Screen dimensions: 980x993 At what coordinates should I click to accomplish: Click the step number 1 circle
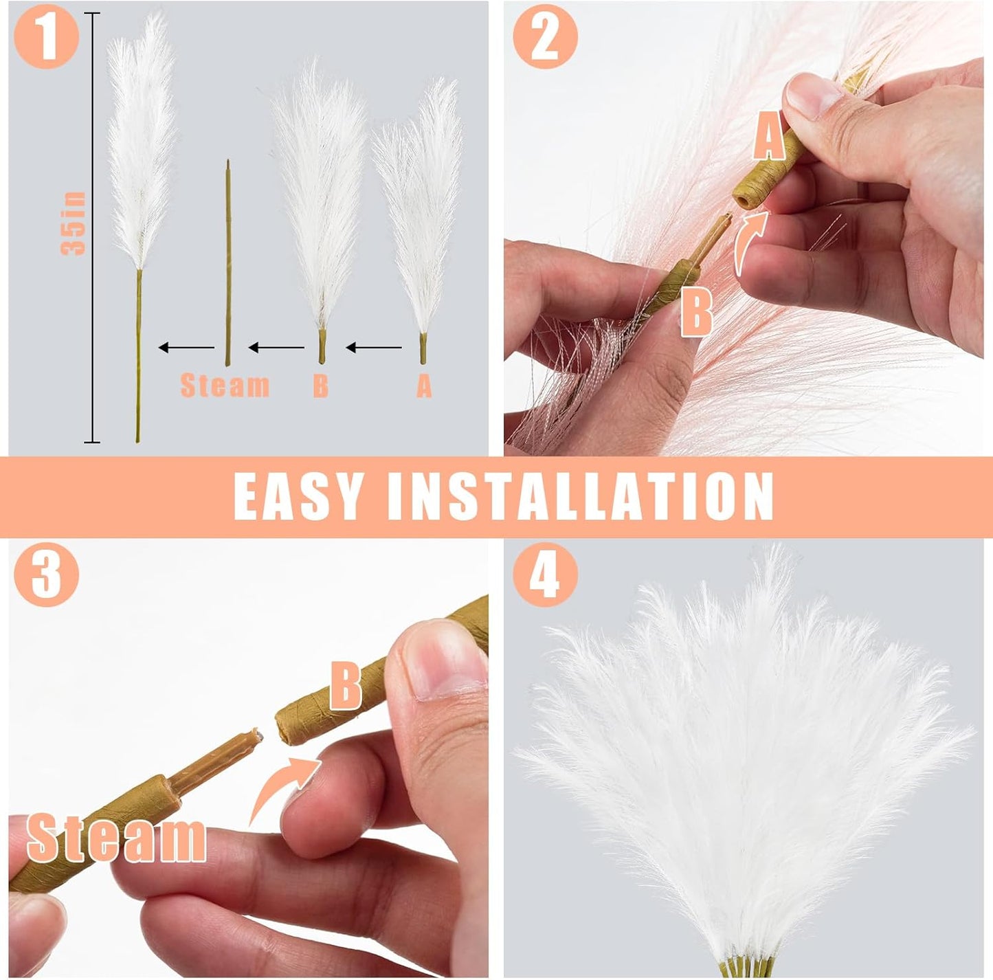point(46,36)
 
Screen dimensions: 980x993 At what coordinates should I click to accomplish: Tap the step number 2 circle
point(545,36)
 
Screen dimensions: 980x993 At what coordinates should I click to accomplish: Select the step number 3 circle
point(46,574)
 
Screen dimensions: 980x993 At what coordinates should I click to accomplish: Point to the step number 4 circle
point(545,574)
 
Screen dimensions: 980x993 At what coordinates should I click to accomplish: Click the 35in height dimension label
point(74,224)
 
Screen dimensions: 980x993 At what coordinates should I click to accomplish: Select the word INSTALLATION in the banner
point(581,496)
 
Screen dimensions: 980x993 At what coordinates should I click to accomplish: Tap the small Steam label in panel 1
point(225,386)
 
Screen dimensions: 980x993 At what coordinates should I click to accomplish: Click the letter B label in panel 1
point(320,386)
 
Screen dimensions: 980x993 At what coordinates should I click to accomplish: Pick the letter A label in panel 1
point(424,386)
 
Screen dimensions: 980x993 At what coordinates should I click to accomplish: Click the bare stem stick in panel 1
point(227,261)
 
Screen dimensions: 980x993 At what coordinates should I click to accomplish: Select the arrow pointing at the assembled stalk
point(186,348)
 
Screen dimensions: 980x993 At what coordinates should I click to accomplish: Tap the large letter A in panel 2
point(768,137)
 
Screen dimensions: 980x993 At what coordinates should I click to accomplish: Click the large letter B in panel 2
point(696,312)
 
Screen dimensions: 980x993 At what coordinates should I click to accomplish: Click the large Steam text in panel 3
point(116,838)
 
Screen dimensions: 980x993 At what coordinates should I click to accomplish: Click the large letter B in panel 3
point(346,685)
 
